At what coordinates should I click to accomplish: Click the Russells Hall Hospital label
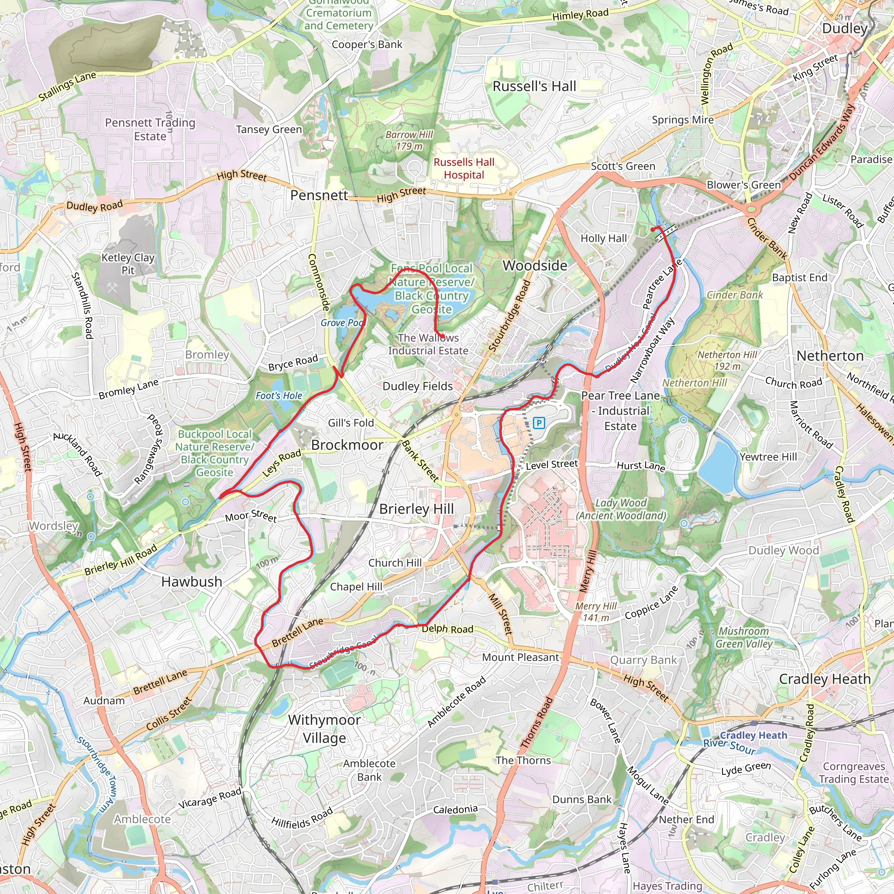[x=464, y=168]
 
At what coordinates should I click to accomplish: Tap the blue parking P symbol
[x=539, y=423]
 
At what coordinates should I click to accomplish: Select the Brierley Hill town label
[x=416, y=509]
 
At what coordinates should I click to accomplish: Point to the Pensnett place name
[x=319, y=195]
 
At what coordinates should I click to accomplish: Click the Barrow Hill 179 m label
[x=409, y=140]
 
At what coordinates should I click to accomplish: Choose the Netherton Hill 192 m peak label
[x=727, y=361]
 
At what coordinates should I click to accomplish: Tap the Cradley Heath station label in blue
[x=753, y=735]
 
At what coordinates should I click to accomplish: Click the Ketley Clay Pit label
[x=128, y=264]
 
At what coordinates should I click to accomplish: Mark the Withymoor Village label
[x=324, y=729]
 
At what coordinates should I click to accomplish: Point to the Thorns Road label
[x=536, y=722]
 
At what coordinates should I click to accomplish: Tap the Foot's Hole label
[x=279, y=395]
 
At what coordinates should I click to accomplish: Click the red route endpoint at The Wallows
[x=442, y=337]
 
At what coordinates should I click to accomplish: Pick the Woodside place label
[x=535, y=265]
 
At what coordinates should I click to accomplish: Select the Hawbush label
[x=192, y=581]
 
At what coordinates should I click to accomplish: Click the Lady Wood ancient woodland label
[x=621, y=509]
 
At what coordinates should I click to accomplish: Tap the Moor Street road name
[x=251, y=516]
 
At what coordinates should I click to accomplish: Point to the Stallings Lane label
[x=68, y=86]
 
